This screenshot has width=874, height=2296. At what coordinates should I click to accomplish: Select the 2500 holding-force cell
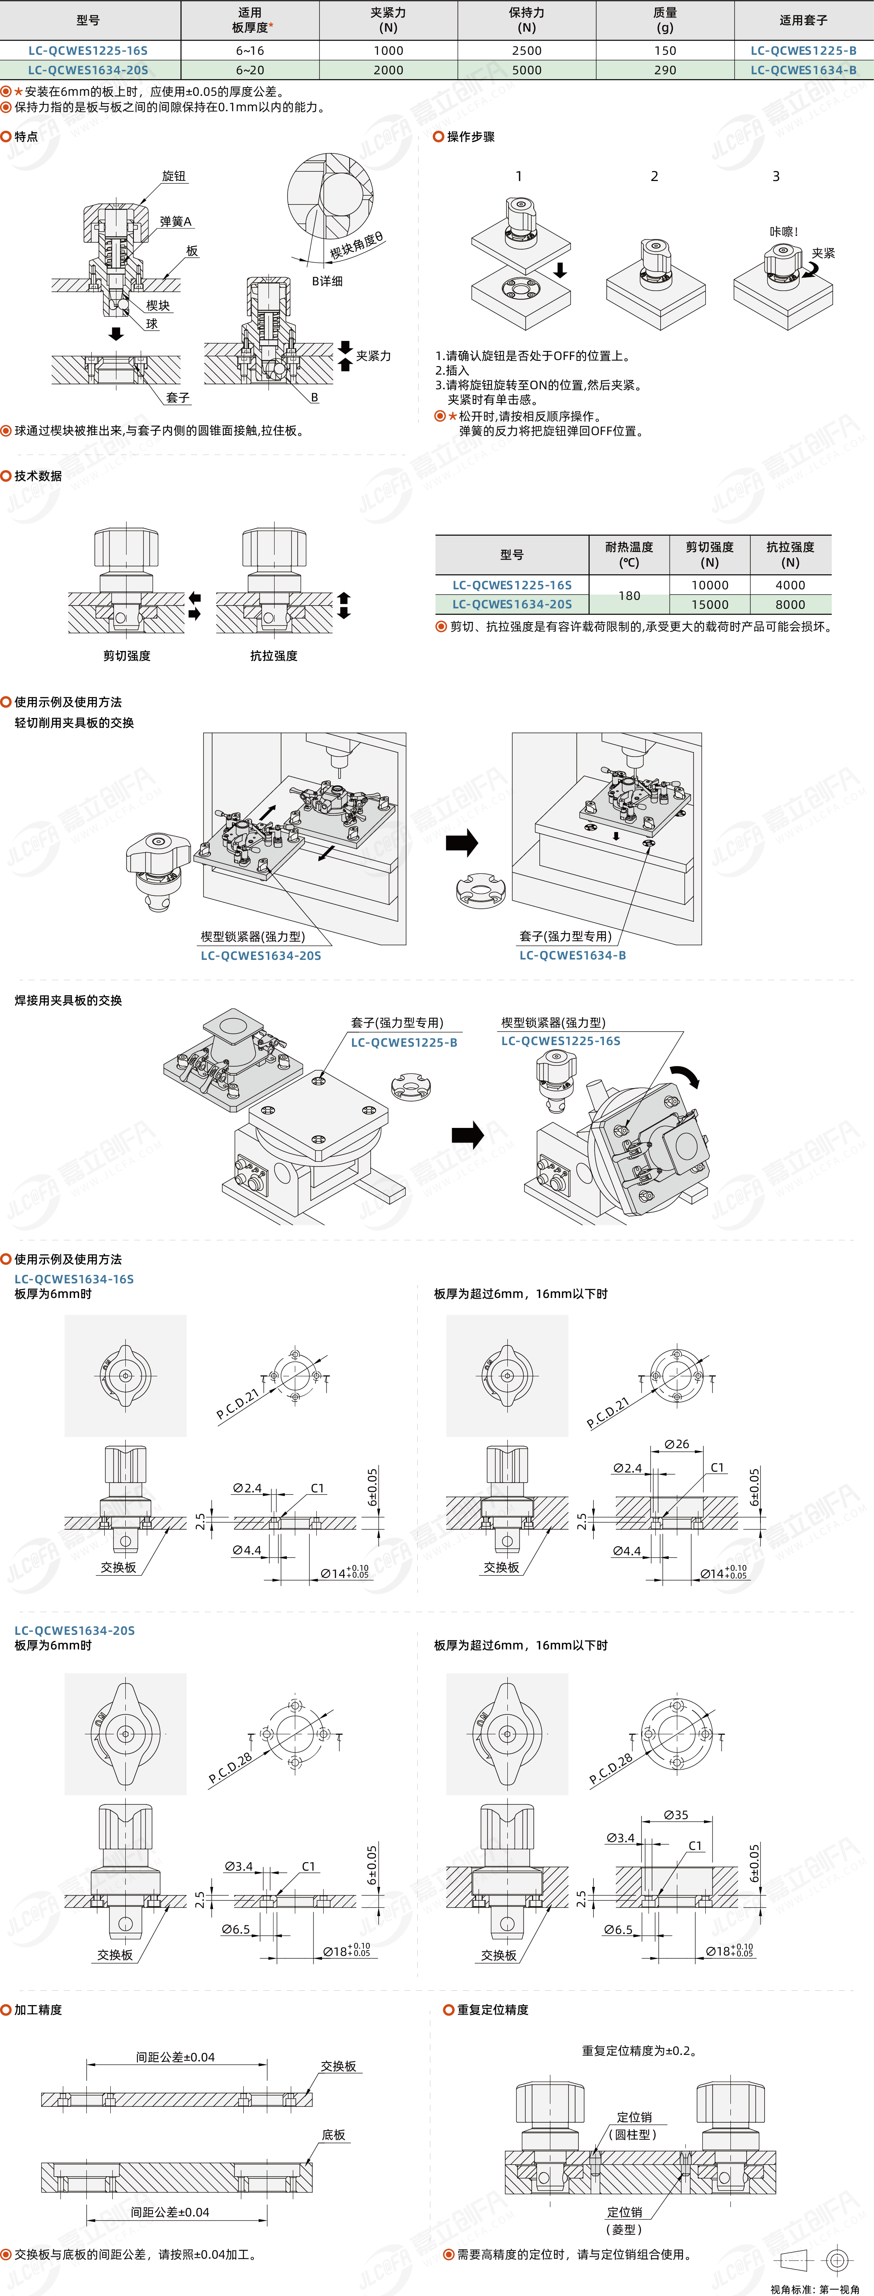tap(526, 51)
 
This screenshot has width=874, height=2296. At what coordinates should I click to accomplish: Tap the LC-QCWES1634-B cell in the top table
tap(803, 69)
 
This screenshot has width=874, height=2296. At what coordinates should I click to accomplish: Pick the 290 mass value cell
tap(665, 69)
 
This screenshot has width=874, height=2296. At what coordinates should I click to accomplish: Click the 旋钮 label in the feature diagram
tap(174, 177)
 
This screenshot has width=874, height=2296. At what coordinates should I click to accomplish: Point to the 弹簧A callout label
tap(176, 221)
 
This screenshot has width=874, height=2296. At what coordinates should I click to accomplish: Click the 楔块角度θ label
tap(356, 245)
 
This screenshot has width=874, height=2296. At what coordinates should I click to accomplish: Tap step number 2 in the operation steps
tap(654, 177)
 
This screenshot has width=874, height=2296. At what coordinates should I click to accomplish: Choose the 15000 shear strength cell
tap(709, 604)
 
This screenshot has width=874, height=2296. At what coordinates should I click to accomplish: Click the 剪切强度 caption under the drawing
tap(127, 656)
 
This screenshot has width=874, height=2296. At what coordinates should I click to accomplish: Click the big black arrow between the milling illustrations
tap(462, 842)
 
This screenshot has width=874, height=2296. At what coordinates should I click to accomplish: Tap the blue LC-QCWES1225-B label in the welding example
tap(404, 1042)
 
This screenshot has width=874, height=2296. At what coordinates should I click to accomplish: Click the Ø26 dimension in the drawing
tap(676, 1444)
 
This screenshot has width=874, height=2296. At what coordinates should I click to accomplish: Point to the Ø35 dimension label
tap(675, 1815)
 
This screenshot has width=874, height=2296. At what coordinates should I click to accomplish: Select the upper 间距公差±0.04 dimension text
tap(176, 2057)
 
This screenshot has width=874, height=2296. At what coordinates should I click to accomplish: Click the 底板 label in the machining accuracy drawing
tap(333, 2135)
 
